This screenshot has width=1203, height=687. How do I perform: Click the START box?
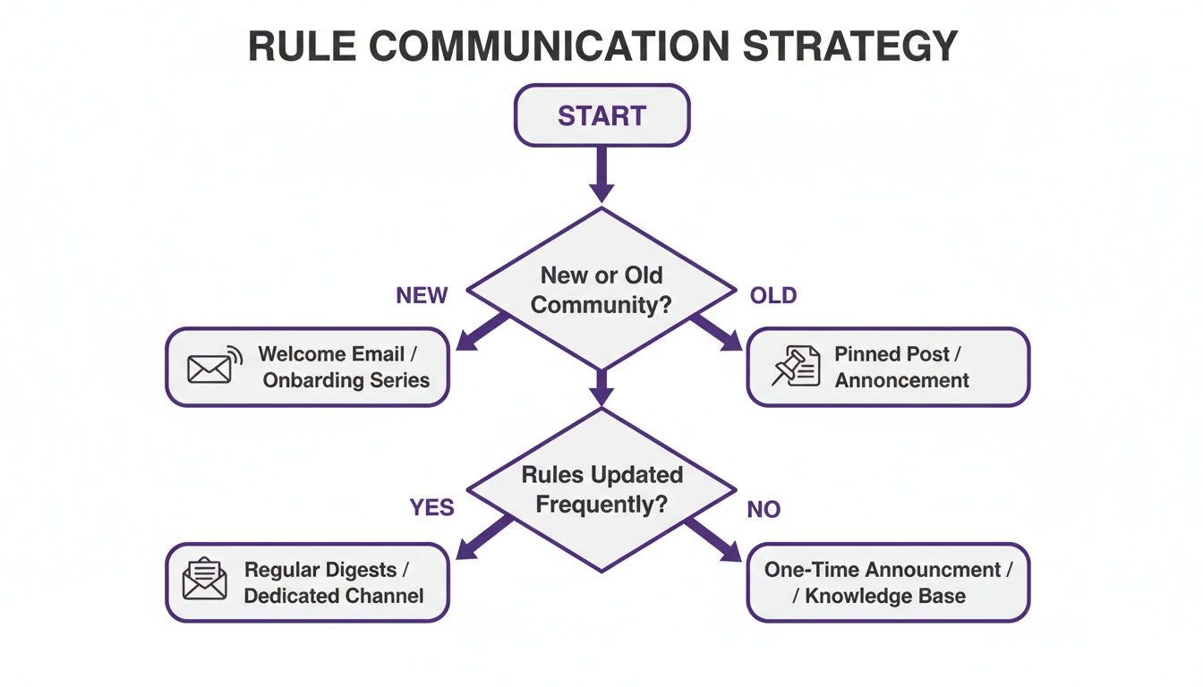coord(601,115)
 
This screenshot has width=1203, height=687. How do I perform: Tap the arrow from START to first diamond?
coord(601,174)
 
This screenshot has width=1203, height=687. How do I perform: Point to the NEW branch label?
coord(422,296)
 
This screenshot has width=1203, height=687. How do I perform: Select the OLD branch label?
coord(773,296)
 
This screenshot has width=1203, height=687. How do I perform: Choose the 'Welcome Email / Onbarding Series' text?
coord(345,367)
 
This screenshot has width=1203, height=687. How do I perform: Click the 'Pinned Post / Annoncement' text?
coord(901,367)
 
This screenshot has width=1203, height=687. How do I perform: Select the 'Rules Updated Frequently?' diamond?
coord(601,488)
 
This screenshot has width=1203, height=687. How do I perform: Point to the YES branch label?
coord(432,508)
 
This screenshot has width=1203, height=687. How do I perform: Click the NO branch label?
coord(764,510)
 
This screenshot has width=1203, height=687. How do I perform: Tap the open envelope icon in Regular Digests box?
coord(204,579)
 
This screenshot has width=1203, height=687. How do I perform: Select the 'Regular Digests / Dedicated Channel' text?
coord(333,582)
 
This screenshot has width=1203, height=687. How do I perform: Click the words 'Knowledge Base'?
coord(884,596)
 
